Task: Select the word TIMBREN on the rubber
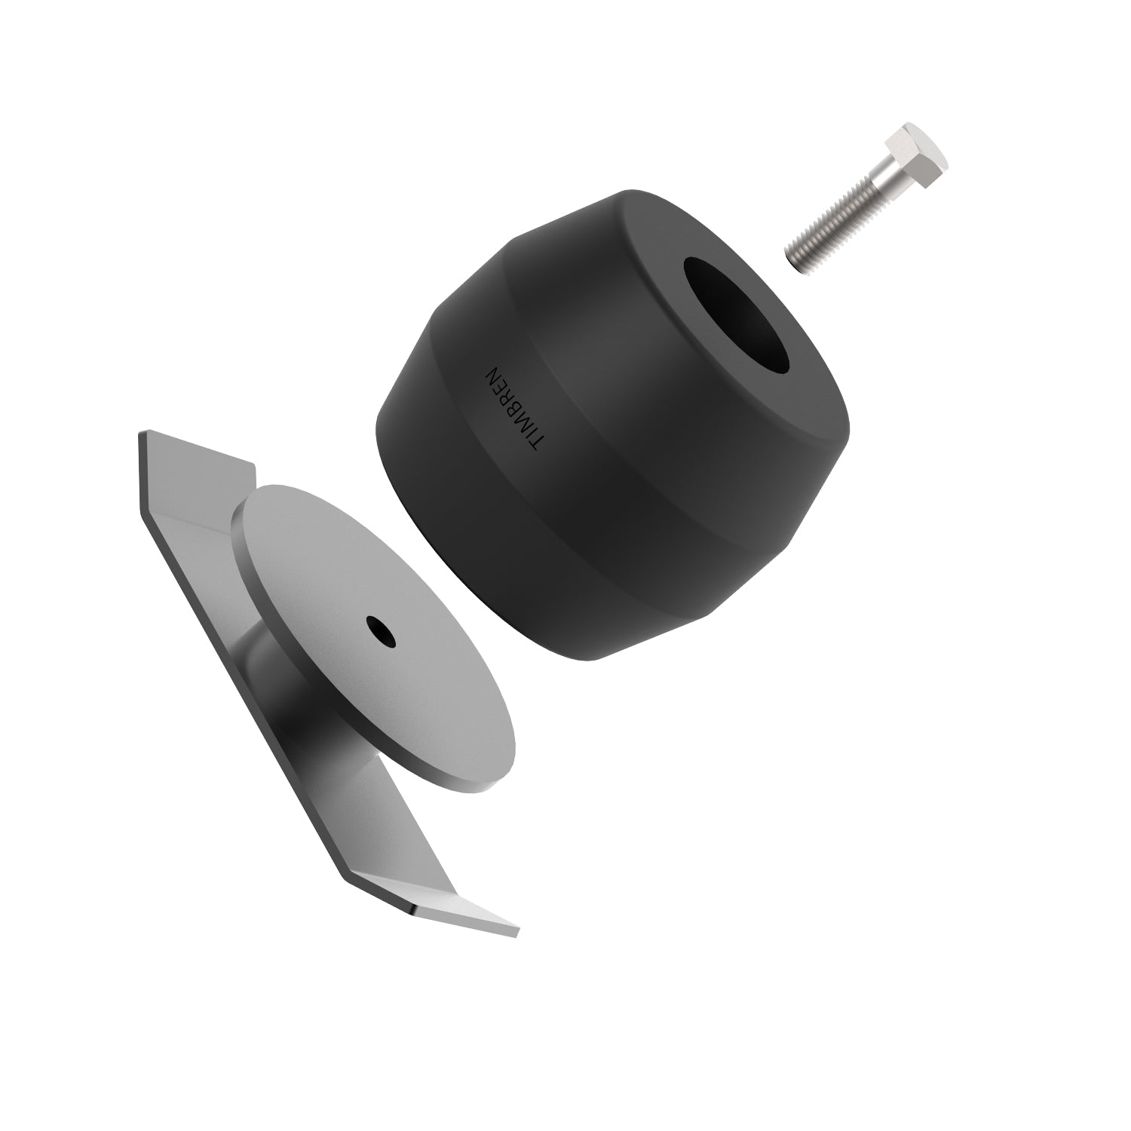pos(513,411)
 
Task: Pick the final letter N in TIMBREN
pos(494,375)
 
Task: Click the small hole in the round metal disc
pos(382,632)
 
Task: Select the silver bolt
pos(860,200)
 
